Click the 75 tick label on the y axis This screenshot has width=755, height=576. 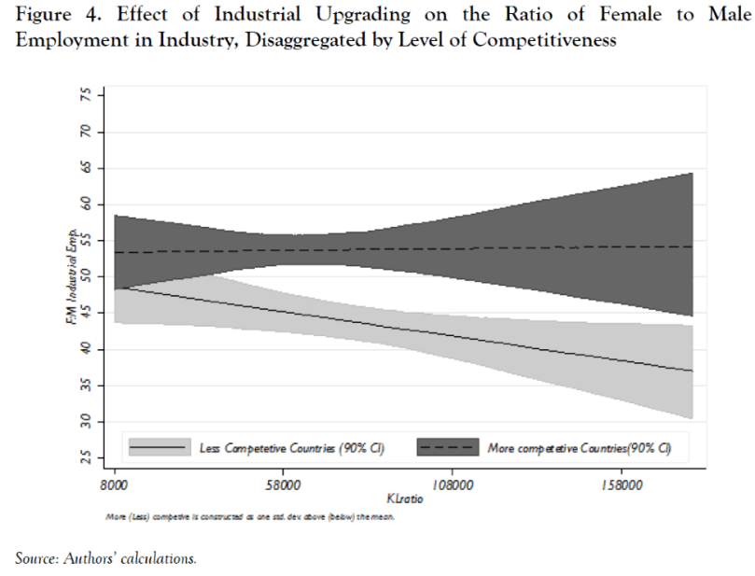(x=87, y=97)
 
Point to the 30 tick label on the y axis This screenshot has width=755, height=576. (x=87, y=421)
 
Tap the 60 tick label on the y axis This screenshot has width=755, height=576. (x=87, y=205)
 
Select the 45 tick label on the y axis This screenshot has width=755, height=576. (x=87, y=314)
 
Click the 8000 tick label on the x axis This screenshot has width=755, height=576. (x=114, y=485)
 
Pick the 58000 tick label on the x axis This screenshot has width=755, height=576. (x=283, y=485)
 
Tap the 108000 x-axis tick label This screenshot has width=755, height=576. (x=452, y=485)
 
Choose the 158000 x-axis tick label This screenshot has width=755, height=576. (x=621, y=485)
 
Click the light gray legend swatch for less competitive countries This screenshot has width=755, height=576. (x=160, y=448)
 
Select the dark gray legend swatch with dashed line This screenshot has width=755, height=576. (x=448, y=448)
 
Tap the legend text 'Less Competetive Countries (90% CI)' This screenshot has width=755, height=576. (x=293, y=449)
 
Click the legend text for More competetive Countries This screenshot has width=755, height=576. (x=580, y=449)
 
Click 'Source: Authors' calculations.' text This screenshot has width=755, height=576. (x=105, y=559)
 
